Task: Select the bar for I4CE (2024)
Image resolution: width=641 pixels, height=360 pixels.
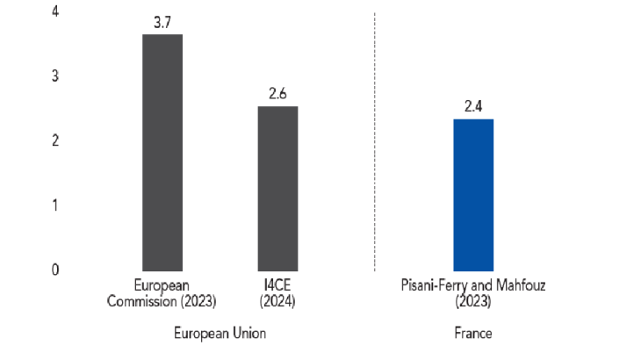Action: point(277,188)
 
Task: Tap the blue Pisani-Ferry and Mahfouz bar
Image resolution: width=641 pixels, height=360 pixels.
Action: point(473,194)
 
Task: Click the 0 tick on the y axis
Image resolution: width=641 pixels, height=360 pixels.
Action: point(55,270)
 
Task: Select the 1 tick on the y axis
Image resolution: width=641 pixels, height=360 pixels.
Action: point(55,205)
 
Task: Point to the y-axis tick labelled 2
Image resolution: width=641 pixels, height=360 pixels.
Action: point(55,140)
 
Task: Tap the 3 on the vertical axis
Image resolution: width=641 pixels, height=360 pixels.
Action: point(55,76)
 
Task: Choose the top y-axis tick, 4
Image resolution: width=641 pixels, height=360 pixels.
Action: point(55,11)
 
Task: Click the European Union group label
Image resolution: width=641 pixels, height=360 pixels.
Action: point(220,334)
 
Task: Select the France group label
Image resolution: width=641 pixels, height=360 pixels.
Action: point(472,334)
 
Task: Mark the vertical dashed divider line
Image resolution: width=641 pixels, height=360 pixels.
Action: point(375,140)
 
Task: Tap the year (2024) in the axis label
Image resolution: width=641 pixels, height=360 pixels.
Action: point(277,300)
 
